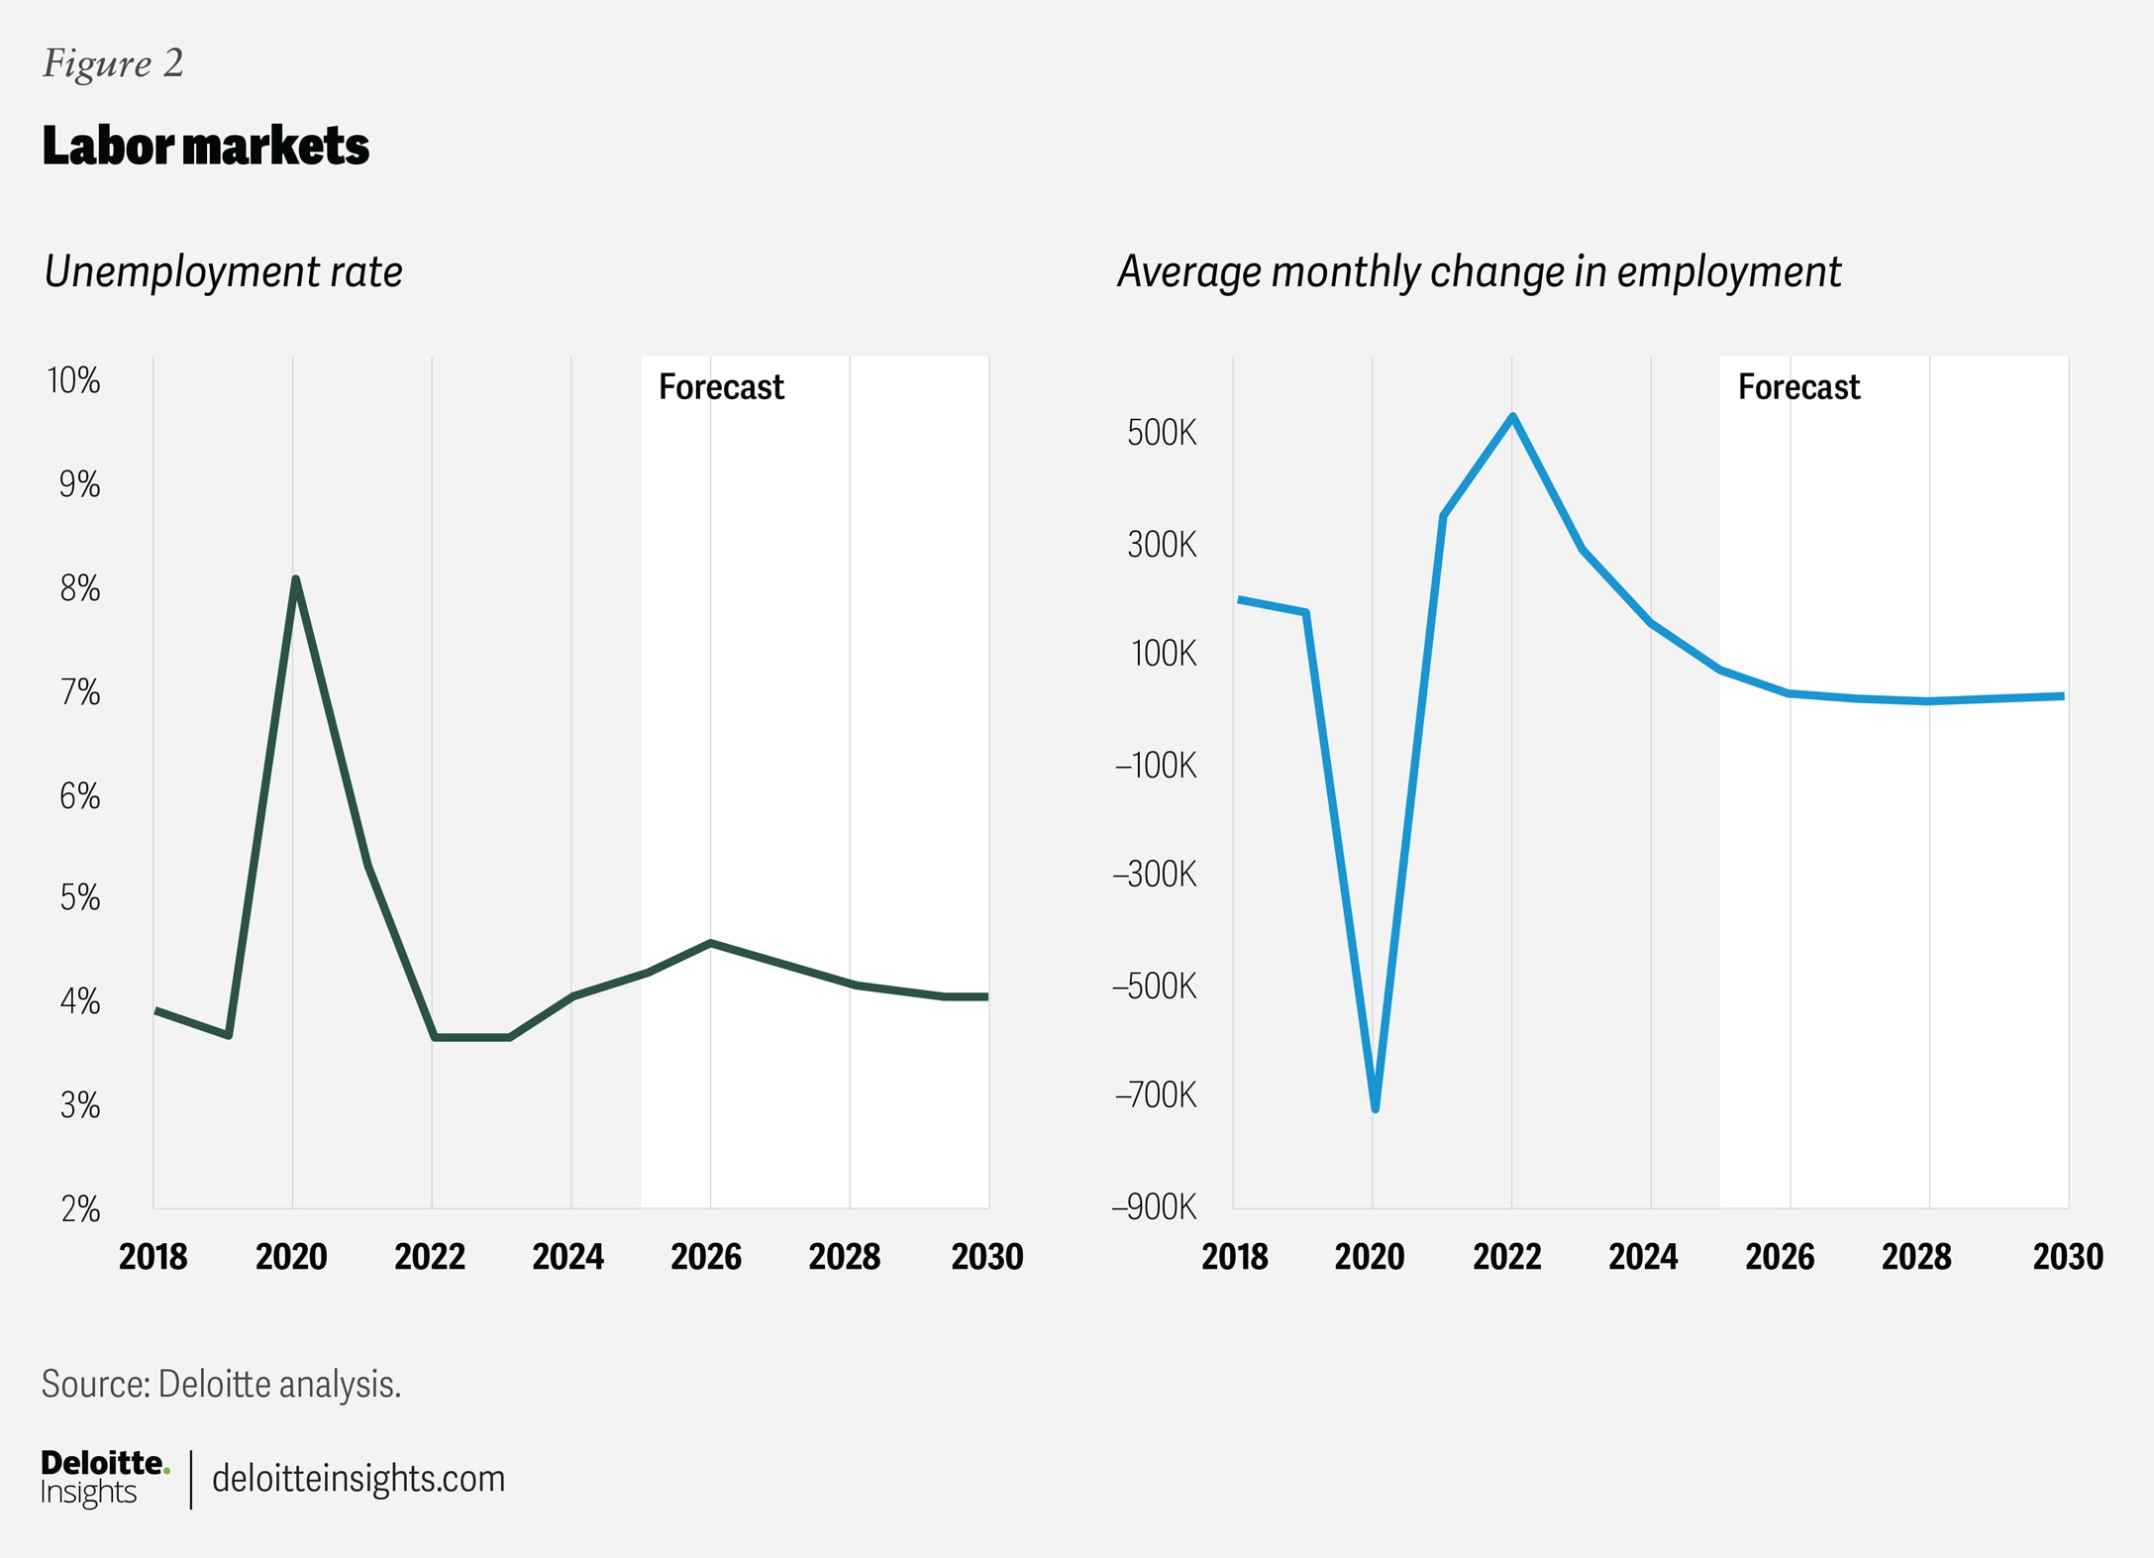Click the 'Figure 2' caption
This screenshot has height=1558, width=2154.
pyautogui.click(x=113, y=63)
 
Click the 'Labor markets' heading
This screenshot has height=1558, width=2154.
pyautogui.click(x=205, y=146)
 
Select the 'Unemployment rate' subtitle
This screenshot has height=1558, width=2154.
pyautogui.click(x=223, y=271)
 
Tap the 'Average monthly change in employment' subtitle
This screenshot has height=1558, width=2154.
pyautogui.click(x=1479, y=271)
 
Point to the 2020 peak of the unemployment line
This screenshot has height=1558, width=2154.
pyautogui.click(x=295, y=579)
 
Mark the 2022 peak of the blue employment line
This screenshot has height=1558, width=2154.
pyautogui.click(x=1512, y=416)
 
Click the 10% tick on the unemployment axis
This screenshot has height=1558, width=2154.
pyautogui.click(x=74, y=380)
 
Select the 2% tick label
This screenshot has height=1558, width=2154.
pyautogui.click(x=80, y=1209)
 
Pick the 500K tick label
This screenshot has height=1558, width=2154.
pyautogui.click(x=1162, y=433)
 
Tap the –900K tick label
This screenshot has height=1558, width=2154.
pyautogui.click(x=1155, y=1207)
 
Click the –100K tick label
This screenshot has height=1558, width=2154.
pyautogui.click(x=1156, y=766)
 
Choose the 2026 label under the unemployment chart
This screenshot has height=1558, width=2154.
pyautogui.click(x=706, y=1257)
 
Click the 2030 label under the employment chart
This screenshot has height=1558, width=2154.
pyautogui.click(x=2068, y=1257)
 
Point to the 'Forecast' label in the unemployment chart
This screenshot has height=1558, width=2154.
pyautogui.click(x=721, y=386)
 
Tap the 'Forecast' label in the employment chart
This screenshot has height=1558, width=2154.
pyautogui.click(x=1798, y=386)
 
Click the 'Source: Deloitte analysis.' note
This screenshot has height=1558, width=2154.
pyautogui.click(x=221, y=1384)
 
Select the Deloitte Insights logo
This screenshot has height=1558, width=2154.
pyautogui.click(x=104, y=1478)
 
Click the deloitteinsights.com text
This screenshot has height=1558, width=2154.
pyautogui.click(x=359, y=1479)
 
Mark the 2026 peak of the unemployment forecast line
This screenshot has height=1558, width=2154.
pyautogui.click(x=710, y=943)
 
